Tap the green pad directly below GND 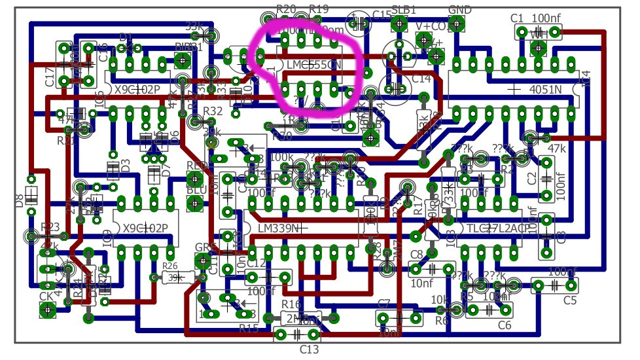click(x=457, y=24)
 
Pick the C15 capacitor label click(x=382, y=14)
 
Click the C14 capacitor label click(x=422, y=79)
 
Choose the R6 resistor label click(x=442, y=321)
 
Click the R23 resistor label click(x=50, y=227)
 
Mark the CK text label click(x=46, y=297)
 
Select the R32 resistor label click(x=213, y=111)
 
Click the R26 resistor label click(x=170, y=266)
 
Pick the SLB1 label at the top click(x=403, y=10)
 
